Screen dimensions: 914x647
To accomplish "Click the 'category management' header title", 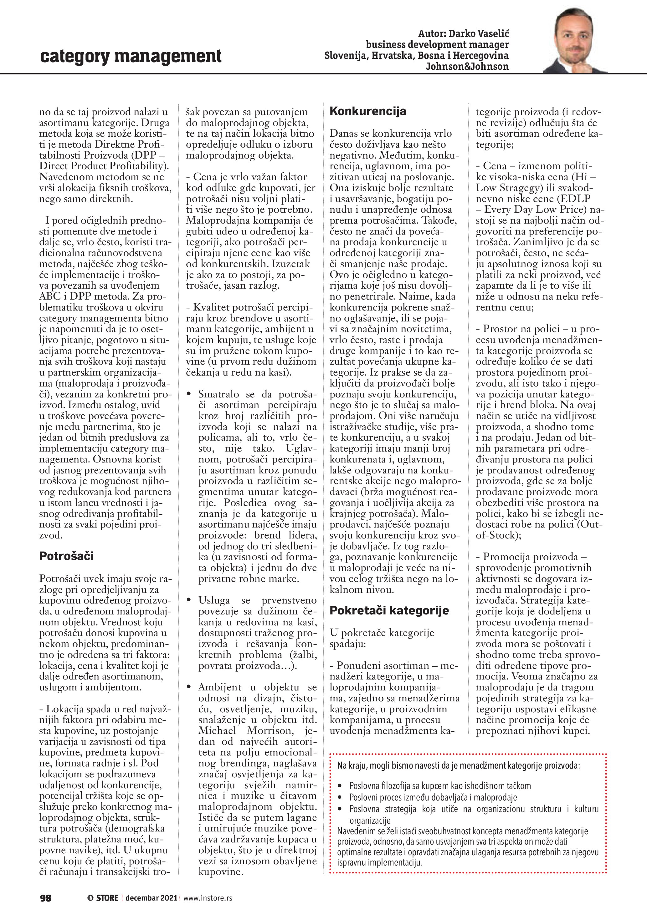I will pyautogui.click(x=131, y=56).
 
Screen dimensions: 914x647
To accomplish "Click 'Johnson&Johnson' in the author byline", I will pyautogui.click(x=467, y=67).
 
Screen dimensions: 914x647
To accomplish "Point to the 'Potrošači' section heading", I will pyautogui.click(x=66, y=556).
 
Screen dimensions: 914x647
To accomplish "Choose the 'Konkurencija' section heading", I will pyautogui.click(x=368, y=111).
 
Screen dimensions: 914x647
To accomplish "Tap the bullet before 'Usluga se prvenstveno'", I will pyautogui.click(x=189, y=601).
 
